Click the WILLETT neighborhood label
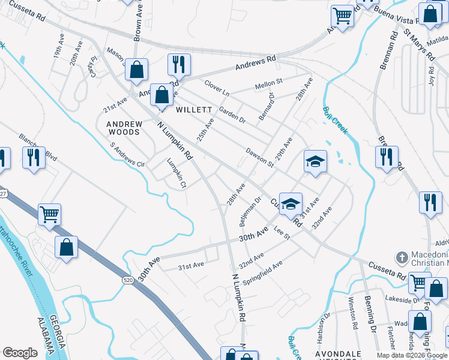tap(194, 110)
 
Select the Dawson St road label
tap(259, 158)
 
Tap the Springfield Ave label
tap(261, 273)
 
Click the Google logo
tap(20, 352)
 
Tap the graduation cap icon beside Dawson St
tap(315, 162)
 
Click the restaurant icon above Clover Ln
tap(178, 64)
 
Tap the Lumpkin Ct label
tap(176, 173)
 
